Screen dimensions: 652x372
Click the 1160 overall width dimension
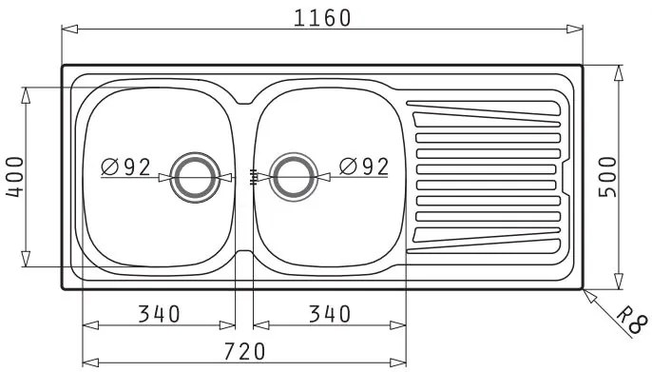pos(322,18)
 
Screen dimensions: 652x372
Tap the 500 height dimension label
pos(607,177)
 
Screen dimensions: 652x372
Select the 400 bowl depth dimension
pos(15,177)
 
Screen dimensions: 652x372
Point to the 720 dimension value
pos(244,352)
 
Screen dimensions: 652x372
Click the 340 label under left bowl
pos(160,314)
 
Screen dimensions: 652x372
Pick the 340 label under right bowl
pos(330,314)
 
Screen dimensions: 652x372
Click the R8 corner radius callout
pos(632,321)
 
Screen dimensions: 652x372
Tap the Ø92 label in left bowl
pos(125,167)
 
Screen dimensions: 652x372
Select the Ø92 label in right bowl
pos(364,166)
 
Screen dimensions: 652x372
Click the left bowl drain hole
pos(195,178)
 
